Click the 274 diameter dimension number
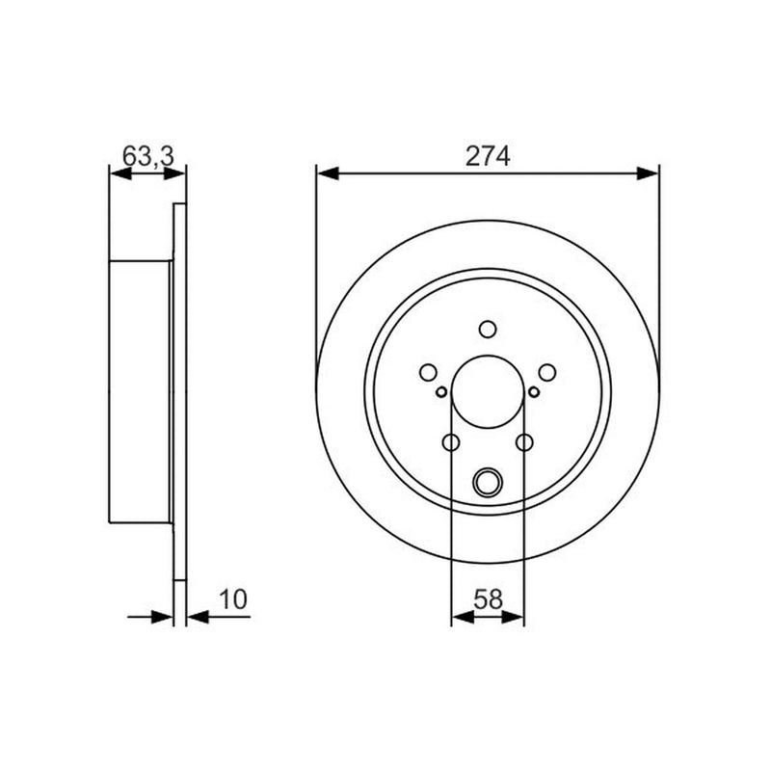pos(488,156)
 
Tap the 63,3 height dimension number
pos(148,156)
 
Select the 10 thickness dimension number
pos(232,599)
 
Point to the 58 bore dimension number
pos(488,599)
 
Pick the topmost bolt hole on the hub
pos(488,329)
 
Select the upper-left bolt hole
pos(428,372)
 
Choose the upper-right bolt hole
pos(546,372)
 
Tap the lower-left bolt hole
pos(451,442)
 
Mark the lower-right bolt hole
pos(524,442)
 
